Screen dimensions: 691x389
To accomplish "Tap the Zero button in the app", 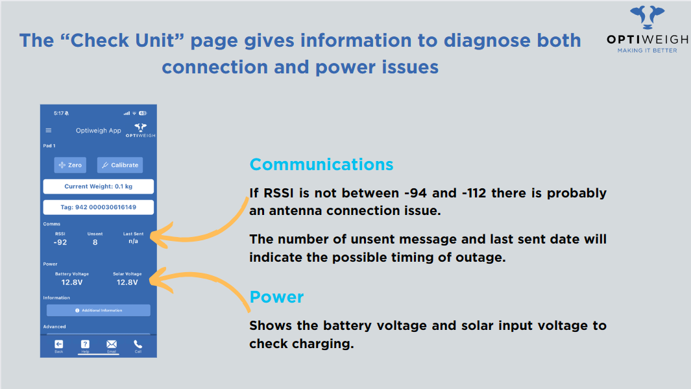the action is [x=70, y=165].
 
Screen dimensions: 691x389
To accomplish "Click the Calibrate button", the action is [x=120, y=165].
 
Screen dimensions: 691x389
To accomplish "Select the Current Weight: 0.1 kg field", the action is [x=98, y=186].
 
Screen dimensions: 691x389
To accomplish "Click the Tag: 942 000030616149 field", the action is [x=98, y=207].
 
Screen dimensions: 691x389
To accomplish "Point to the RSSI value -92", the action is [x=60, y=242].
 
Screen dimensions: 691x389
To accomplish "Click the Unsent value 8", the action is [x=95, y=242].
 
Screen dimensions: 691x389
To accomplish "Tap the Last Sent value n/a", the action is [x=133, y=241].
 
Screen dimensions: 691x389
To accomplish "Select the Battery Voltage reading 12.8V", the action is [x=72, y=282].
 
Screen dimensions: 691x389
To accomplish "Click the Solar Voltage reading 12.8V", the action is [x=127, y=282].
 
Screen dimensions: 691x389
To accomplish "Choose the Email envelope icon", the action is [x=112, y=344].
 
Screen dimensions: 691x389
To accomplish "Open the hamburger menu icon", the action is [x=49, y=131].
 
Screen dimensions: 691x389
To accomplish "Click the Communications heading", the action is [x=321, y=164].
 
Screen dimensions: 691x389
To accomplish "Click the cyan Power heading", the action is [x=276, y=297].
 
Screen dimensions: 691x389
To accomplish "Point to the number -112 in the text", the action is [x=473, y=193].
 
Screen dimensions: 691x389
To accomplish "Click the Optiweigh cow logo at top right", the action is [x=647, y=17].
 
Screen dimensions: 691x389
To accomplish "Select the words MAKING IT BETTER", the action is [x=647, y=51].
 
